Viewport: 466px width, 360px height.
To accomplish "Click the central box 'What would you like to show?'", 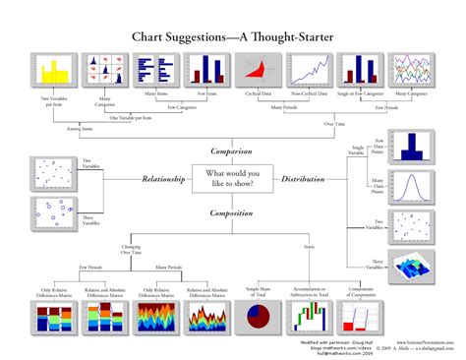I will (232, 179).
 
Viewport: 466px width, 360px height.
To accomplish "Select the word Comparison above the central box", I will (232, 150).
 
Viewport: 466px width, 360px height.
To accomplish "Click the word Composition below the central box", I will (232, 211).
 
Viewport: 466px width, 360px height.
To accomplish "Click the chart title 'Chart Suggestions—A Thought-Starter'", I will (232, 36).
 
